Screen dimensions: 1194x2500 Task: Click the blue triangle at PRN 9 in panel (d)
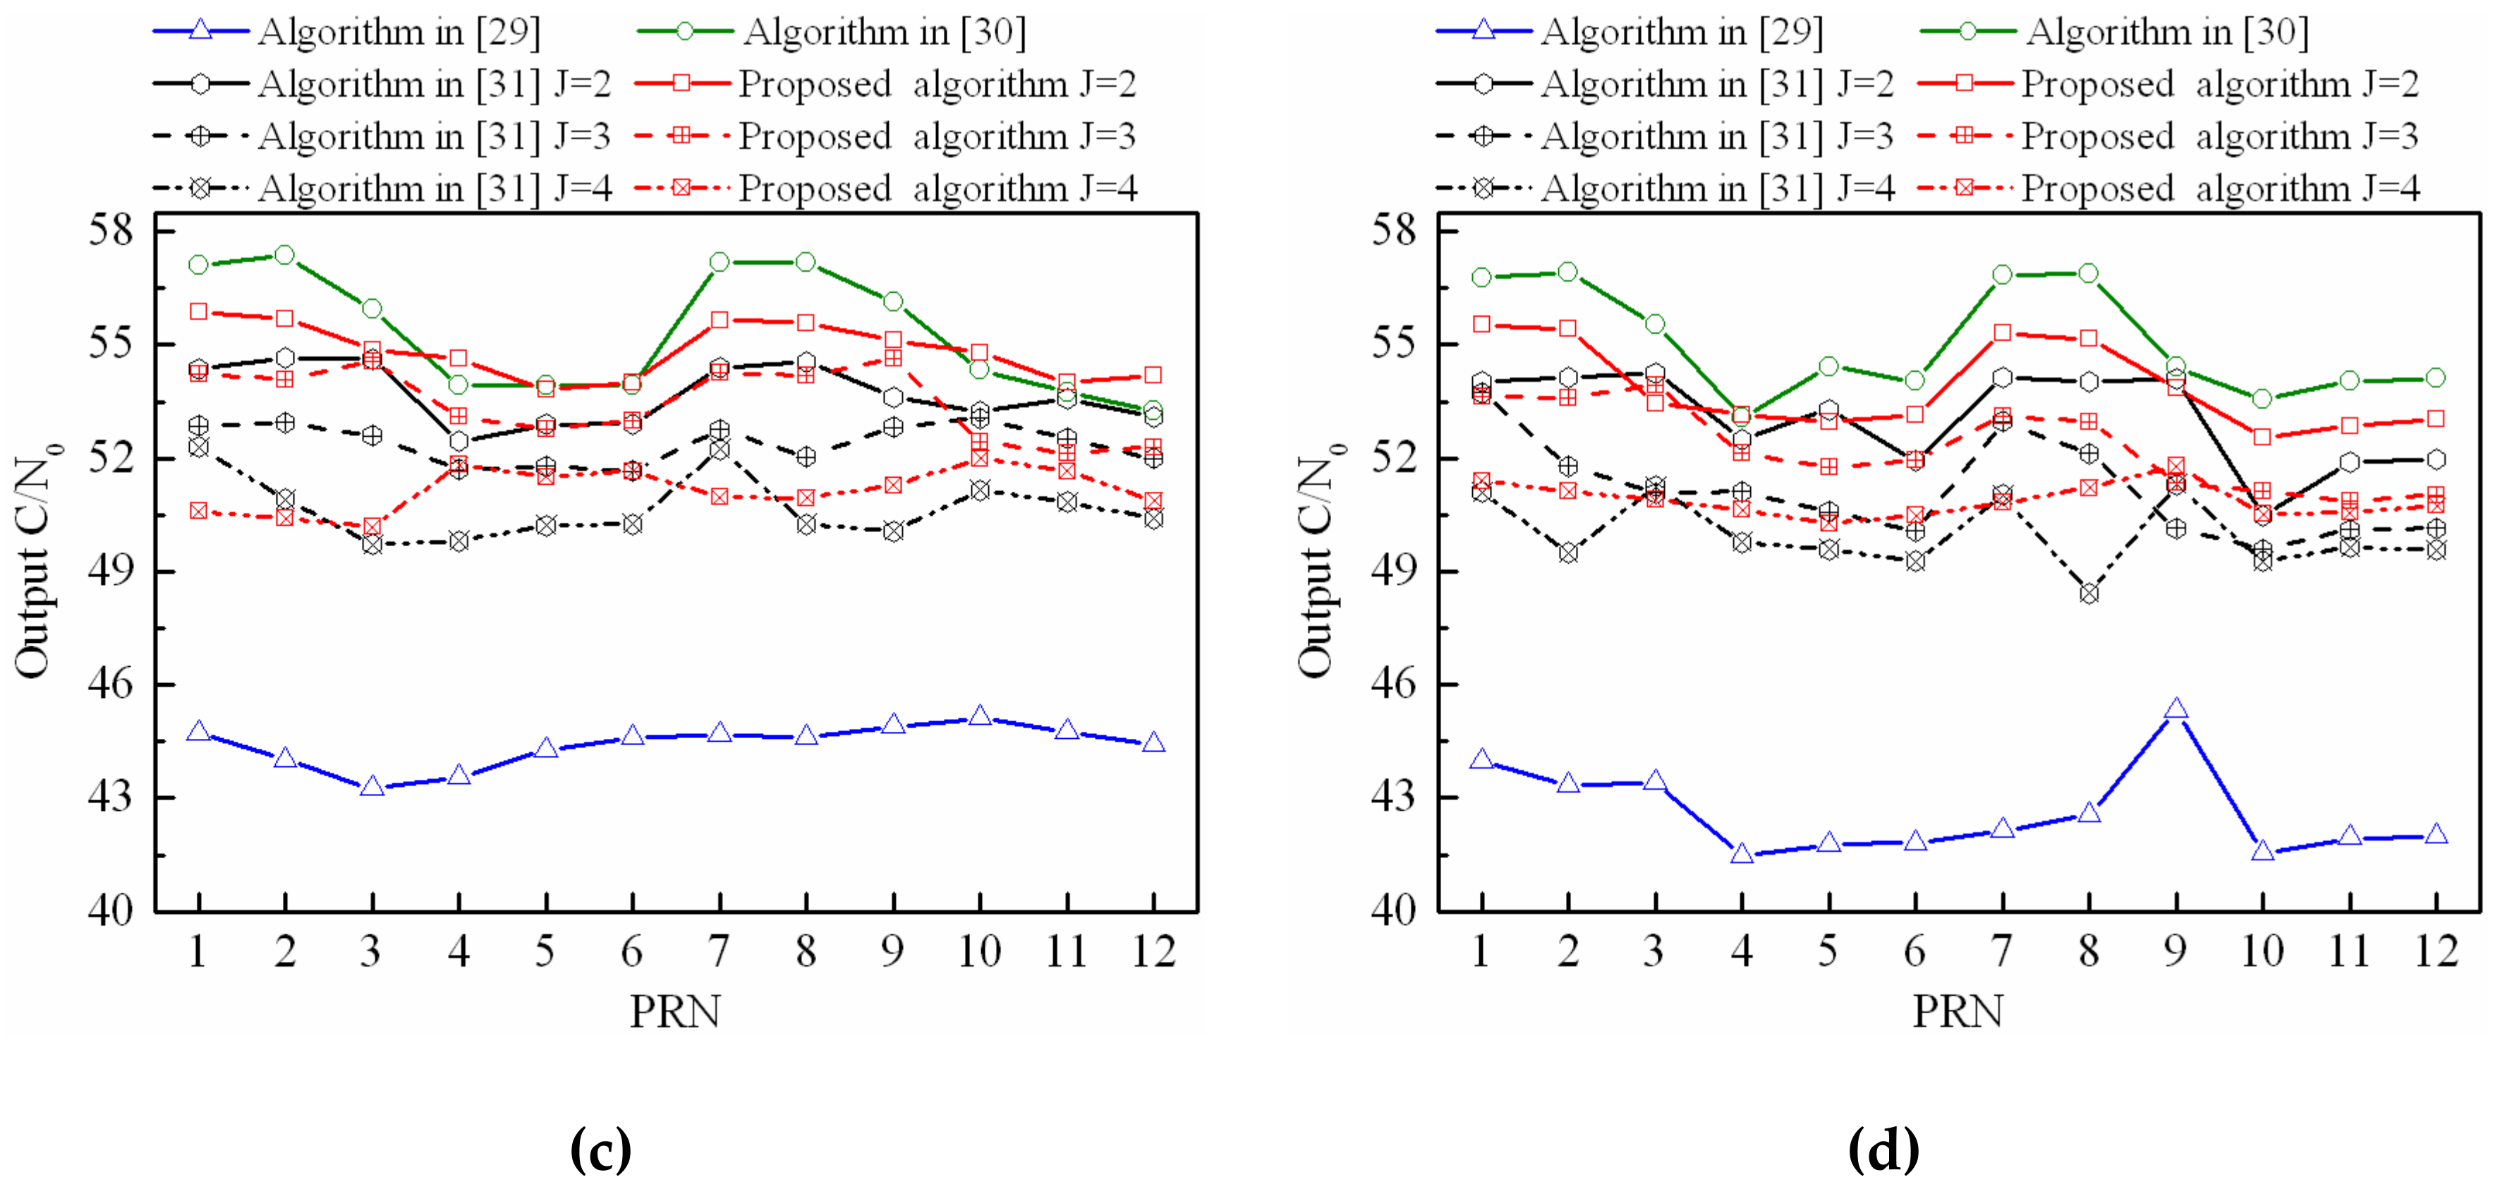coord(2176,710)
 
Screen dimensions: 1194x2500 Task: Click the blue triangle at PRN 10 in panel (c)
coord(979,716)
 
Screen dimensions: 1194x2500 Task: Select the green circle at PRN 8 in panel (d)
coord(2089,274)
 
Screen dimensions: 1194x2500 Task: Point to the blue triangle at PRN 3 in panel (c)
coord(372,786)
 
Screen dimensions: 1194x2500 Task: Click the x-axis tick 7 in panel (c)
coord(719,951)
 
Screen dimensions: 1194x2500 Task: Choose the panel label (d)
coord(1883,1150)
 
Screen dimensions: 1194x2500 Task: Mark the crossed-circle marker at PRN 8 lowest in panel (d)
coord(2089,593)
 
